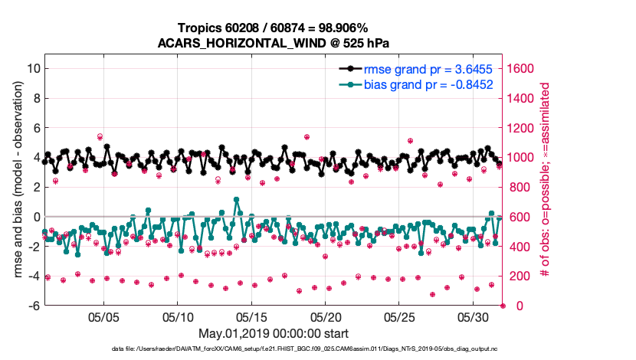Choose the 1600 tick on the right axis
(523, 68)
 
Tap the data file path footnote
(273, 349)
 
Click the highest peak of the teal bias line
(237, 200)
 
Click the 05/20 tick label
(326, 316)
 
